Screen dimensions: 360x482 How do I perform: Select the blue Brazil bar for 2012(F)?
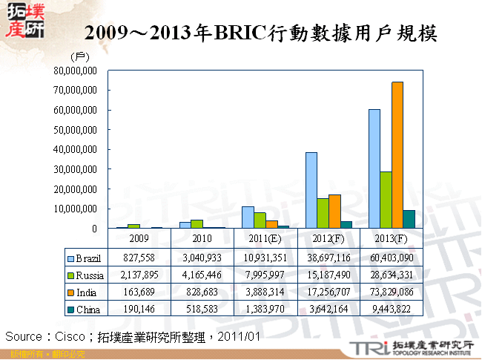pyautogui.click(x=311, y=190)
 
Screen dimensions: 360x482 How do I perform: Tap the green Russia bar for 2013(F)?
pyautogui.click(x=386, y=200)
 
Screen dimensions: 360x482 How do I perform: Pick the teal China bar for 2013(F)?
pyautogui.click(x=409, y=219)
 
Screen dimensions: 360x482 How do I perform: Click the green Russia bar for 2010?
pyautogui.click(x=197, y=223)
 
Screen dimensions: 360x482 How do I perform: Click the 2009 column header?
pyautogui.click(x=139, y=239)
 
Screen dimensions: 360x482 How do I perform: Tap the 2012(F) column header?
pyautogui.click(x=328, y=239)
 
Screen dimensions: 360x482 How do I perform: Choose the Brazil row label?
pyautogui.click(x=88, y=258)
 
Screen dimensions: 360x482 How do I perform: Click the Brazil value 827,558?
pyautogui.click(x=139, y=258)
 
